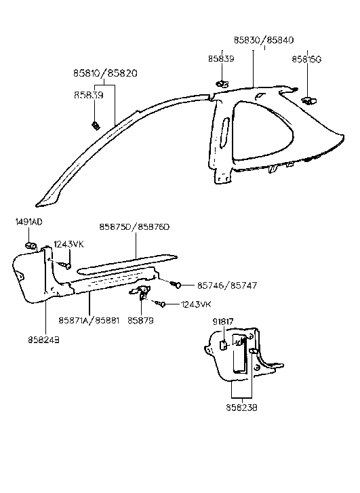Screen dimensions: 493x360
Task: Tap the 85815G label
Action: [x=306, y=59]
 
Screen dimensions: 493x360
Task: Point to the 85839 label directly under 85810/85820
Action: [x=88, y=96]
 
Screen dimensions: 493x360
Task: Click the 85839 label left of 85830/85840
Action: [x=222, y=59]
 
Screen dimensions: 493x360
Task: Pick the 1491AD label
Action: [x=28, y=222]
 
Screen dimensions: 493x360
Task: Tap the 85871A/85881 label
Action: [x=89, y=319]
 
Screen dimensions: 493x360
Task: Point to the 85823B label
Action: [x=241, y=409]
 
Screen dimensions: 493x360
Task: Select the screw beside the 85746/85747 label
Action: [x=177, y=284]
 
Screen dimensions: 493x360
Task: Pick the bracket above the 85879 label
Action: [x=142, y=292]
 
